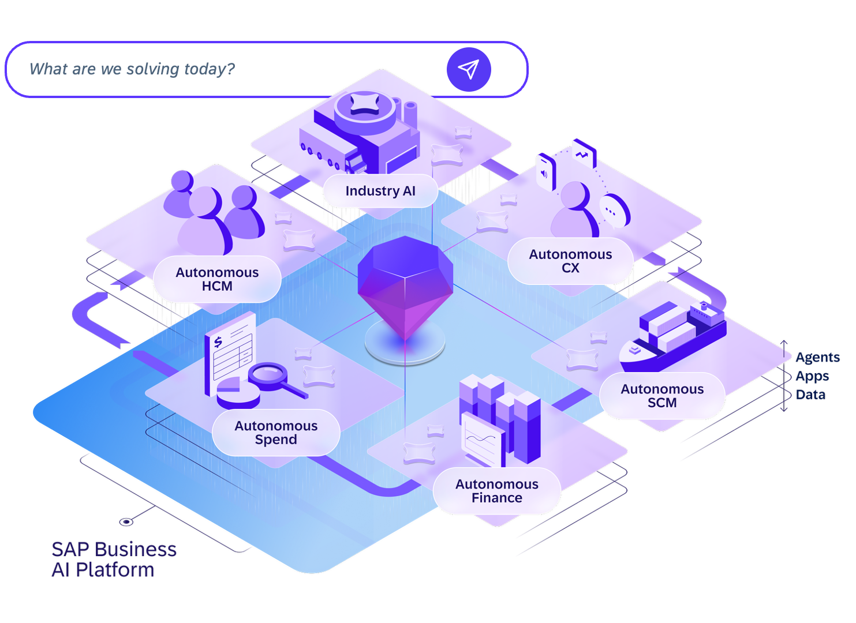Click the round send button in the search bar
(469, 70)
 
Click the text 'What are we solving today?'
(132, 69)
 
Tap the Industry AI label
(380, 191)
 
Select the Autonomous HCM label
(217, 279)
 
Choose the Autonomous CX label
(570, 261)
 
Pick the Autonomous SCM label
(662, 396)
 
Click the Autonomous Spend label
(276, 433)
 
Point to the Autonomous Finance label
(497, 491)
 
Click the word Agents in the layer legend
(817, 358)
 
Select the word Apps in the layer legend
(812, 377)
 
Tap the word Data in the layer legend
(810, 395)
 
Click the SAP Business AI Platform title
(114, 560)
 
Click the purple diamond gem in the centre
(405, 287)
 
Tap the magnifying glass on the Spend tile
(273, 378)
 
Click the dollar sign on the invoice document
(218, 342)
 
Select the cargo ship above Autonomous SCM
(672, 337)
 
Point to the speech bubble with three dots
(615, 211)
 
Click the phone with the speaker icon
(545, 172)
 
